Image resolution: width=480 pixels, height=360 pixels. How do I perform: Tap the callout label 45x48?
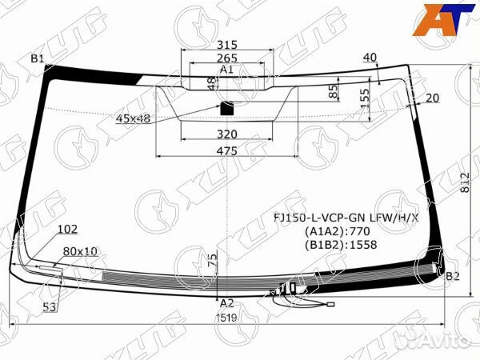pyautogui.click(x=133, y=118)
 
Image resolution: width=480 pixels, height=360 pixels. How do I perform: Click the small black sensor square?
pyautogui.click(x=226, y=106)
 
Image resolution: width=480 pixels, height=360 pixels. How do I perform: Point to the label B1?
pyautogui.click(x=38, y=58)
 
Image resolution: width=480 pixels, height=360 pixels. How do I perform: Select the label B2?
pyautogui.click(x=453, y=276)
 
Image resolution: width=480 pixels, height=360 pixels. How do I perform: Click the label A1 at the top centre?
pyautogui.click(x=226, y=70)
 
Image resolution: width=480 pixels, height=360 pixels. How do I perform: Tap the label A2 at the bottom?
pyautogui.click(x=227, y=303)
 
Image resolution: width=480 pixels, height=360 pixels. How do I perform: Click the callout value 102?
pyautogui.click(x=67, y=230)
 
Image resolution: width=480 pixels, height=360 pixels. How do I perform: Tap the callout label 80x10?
pyautogui.click(x=80, y=250)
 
